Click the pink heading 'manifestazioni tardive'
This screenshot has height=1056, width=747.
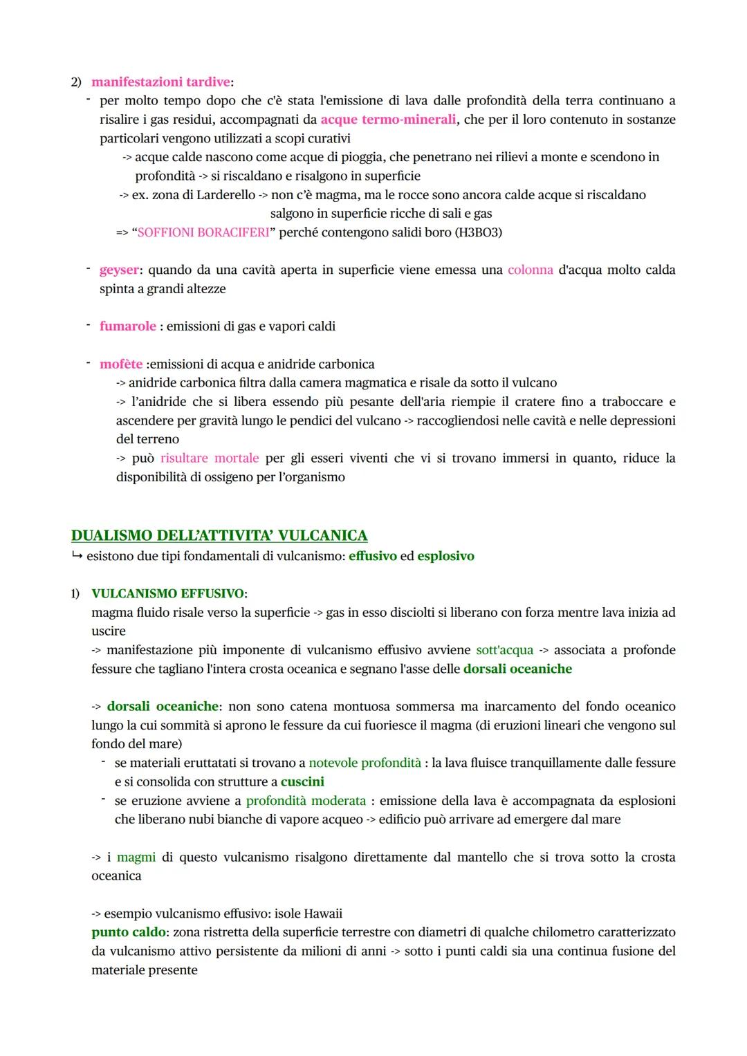click(160, 82)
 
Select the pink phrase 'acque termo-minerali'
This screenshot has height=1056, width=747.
click(388, 120)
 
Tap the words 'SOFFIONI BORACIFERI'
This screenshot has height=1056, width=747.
click(203, 232)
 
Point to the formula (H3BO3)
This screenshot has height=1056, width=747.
click(478, 232)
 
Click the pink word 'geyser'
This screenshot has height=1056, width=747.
click(119, 270)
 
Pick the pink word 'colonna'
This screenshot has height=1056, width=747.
click(530, 270)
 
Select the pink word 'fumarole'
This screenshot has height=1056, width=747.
click(128, 326)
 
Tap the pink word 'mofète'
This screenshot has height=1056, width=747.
click(121, 364)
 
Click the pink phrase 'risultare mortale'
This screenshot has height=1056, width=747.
click(210, 458)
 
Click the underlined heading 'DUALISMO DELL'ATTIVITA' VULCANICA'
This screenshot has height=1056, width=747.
click(219, 535)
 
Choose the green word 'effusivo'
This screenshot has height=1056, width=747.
click(373, 556)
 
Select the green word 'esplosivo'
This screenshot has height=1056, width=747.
click(445, 556)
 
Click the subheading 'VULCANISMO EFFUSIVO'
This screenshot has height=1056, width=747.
click(168, 593)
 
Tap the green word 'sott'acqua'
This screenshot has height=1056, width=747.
click(504, 650)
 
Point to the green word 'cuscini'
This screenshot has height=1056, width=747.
click(302, 781)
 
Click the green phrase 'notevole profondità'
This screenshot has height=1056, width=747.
click(365, 763)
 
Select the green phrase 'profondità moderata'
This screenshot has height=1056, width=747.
click(306, 801)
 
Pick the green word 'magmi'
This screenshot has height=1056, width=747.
click(136, 858)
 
